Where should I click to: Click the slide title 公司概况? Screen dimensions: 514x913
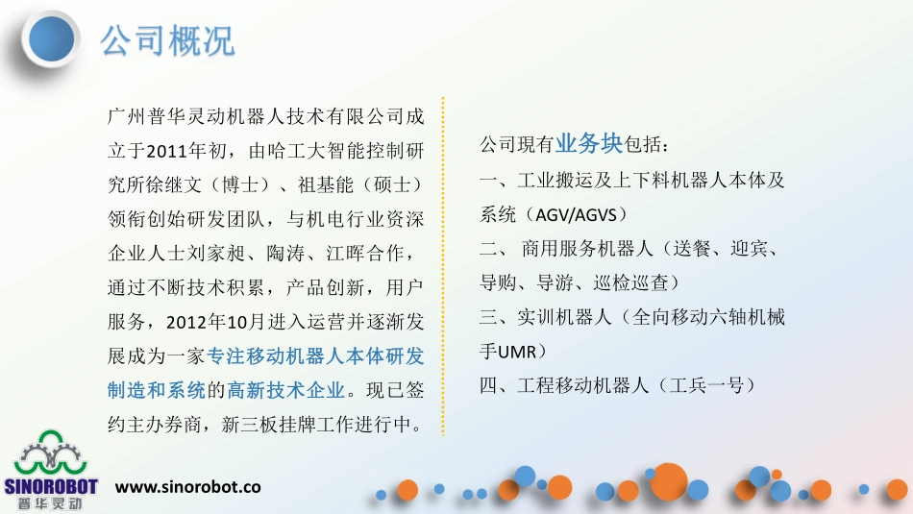click(x=167, y=41)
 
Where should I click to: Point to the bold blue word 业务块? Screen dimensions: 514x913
click(x=588, y=144)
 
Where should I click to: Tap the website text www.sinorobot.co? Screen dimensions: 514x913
click(x=188, y=487)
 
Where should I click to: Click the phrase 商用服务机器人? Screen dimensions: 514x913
click(x=580, y=248)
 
